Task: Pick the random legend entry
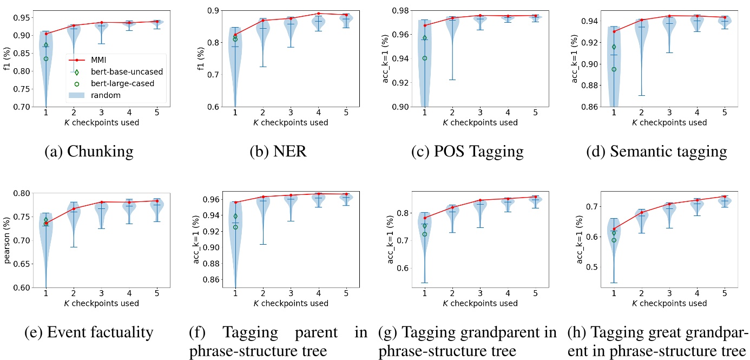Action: [107, 95]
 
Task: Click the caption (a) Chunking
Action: [89, 151]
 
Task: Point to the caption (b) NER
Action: [278, 151]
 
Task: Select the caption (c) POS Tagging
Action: [467, 151]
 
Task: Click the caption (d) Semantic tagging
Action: [656, 151]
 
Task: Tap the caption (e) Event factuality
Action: [89, 332]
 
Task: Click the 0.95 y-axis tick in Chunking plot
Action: [21, 17]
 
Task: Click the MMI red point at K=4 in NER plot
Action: [318, 14]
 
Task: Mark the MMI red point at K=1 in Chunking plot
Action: [46, 34]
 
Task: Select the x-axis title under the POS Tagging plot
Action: [467, 122]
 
